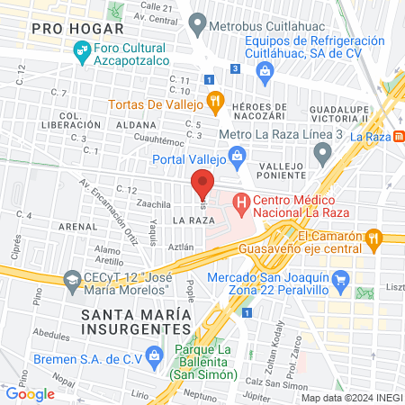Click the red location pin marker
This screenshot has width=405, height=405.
point(203,183)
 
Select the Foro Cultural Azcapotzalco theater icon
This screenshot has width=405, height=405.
point(80,53)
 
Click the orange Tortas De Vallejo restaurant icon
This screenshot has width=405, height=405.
point(214,101)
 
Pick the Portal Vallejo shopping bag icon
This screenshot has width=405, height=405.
point(237,157)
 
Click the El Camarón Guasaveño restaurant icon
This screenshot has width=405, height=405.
point(375,238)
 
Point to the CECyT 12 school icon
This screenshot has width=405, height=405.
point(70,282)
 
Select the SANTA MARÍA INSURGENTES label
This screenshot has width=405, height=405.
point(136,321)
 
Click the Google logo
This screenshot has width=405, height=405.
point(30,393)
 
